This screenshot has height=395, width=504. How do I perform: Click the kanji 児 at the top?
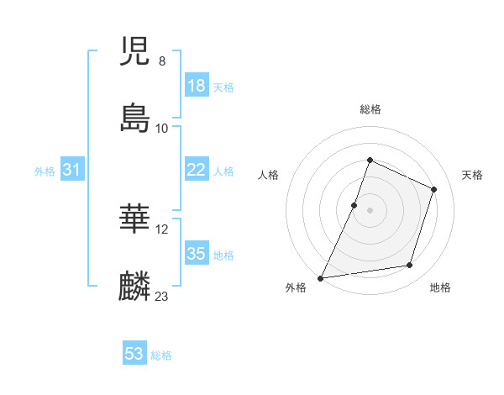pos(135,52)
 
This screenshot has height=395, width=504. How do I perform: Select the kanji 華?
pos(135,219)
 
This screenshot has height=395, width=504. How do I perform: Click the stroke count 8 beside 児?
pos(162,61)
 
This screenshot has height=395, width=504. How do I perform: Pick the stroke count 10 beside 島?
pos(162,129)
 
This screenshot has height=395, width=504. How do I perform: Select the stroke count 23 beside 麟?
pos(162,296)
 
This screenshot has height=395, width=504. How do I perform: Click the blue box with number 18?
pos(196,86)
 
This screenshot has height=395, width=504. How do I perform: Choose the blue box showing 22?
pos(196,170)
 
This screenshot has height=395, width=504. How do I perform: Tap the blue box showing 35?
pos(196,254)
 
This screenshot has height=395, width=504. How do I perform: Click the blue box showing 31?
pos(71,170)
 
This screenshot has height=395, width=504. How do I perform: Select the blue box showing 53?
pos(134,354)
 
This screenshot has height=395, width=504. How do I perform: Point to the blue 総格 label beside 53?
pos(161,355)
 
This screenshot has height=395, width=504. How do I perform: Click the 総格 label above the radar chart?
pos(370,109)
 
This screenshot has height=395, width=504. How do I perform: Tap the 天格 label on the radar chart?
pos(473,175)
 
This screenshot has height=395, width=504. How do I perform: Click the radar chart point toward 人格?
pos(354,204)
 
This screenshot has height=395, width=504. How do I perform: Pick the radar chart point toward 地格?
pos(410,266)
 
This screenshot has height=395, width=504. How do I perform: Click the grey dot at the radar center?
pos(370,209)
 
